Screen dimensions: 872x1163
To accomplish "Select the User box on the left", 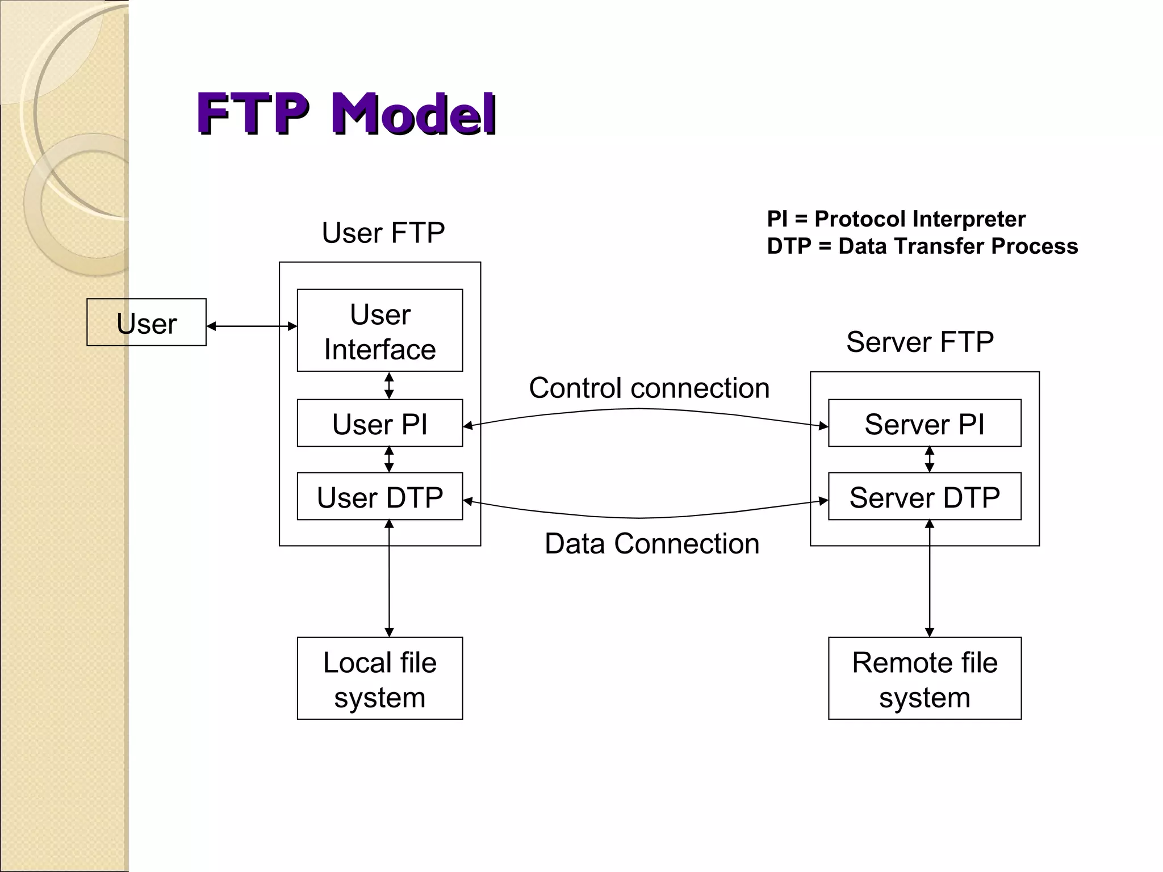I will [147, 322].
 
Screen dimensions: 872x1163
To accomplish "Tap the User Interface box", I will [380, 331].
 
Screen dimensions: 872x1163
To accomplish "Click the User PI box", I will [380, 424].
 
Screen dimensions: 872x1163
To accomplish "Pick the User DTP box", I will [380, 497].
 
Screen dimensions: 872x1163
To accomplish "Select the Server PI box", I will [924, 424].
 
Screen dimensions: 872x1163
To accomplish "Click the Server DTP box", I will [924, 497].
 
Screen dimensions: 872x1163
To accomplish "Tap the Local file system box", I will [380, 678].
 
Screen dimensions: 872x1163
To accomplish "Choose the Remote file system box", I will [924, 678].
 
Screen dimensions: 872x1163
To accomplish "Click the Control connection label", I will [649, 388].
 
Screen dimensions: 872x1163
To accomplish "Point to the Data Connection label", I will [652, 543].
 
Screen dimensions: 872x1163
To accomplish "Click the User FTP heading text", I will [383, 233].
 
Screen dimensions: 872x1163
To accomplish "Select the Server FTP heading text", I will [920, 342].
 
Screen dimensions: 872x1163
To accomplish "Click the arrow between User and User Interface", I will [252, 326].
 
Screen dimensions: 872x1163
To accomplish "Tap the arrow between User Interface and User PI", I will [389, 385].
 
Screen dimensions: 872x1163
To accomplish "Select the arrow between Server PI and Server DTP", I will [930, 459].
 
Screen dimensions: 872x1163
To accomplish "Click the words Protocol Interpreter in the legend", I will [920, 219].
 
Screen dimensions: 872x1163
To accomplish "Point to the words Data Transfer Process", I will [958, 246].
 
